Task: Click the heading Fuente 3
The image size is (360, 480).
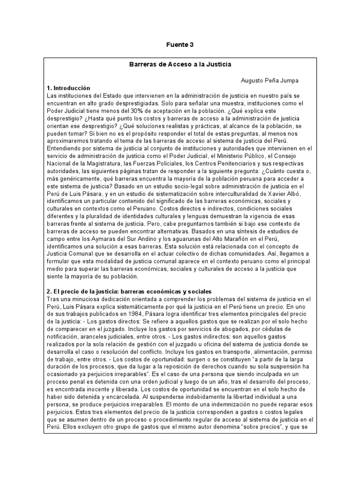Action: tap(180, 45)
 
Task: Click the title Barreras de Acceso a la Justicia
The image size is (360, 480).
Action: tap(180, 64)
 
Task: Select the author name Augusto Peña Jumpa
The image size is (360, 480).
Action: tap(270, 81)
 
